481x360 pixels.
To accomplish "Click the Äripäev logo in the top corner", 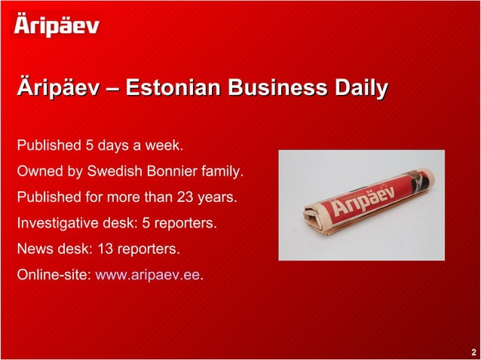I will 57,26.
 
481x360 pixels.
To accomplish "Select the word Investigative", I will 57,224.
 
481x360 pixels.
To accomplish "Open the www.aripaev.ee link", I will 148,274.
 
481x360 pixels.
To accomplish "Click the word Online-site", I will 53,274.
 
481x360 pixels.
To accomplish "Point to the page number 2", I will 473,352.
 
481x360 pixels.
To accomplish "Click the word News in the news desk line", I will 34,249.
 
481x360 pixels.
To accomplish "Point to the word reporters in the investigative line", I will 186,224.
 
